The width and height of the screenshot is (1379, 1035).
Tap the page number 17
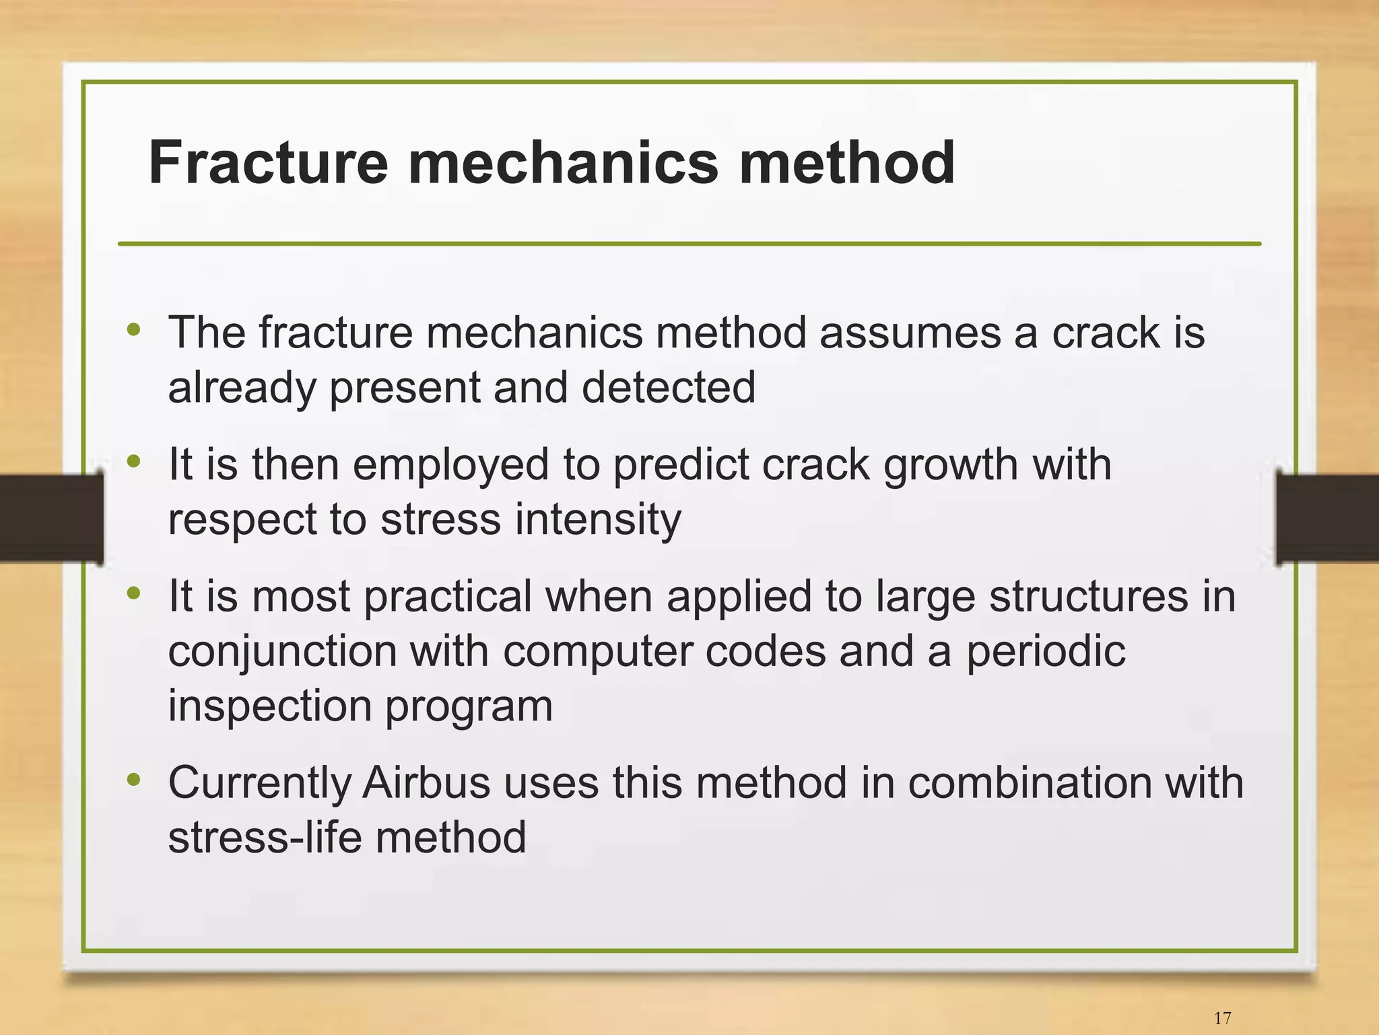tap(1222, 1017)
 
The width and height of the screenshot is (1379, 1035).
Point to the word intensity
tap(598, 519)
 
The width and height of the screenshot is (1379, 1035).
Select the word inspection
tap(269, 706)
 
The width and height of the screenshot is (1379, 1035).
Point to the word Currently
tap(259, 784)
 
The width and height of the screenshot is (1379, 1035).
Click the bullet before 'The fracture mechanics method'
tap(134, 329)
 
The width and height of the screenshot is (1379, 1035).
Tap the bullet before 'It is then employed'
tap(134, 461)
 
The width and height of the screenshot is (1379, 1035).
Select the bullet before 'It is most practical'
tap(134, 593)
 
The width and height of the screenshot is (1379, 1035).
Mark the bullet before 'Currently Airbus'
tap(134, 780)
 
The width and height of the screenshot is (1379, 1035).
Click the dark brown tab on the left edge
tap(51, 517)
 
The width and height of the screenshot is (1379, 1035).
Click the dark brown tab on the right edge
tap(1327, 517)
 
